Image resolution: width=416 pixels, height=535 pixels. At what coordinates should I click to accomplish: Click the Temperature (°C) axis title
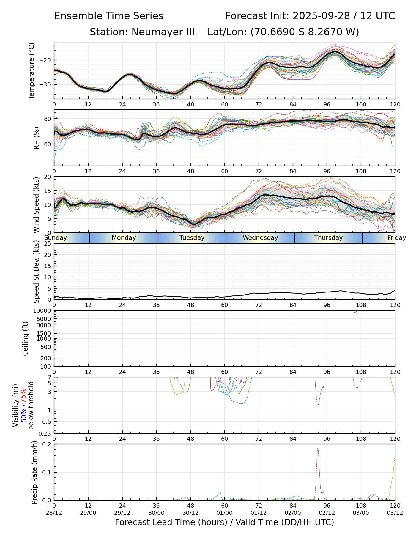click(32, 71)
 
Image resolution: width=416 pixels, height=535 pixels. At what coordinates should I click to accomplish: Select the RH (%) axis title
click(37, 138)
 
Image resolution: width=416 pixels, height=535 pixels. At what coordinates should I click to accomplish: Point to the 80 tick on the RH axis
click(48, 119)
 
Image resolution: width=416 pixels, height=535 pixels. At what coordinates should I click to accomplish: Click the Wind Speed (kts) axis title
click(37, 205)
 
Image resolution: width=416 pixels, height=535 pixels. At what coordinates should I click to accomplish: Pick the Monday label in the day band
click(124, 238)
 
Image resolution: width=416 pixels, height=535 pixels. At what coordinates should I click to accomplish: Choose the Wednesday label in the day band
click(260, 238)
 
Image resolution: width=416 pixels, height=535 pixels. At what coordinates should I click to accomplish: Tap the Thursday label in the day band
click(328, 238)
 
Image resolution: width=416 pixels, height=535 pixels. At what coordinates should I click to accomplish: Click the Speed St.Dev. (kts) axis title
click(37, 271)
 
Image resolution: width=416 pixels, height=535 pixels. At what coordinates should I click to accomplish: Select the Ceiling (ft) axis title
click(26, 339)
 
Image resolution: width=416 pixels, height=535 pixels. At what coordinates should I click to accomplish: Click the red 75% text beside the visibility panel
click(23, 395)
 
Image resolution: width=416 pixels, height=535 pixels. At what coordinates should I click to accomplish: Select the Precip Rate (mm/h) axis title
click(35, 472)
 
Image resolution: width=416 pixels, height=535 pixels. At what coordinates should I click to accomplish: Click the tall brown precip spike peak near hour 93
click(318, 448)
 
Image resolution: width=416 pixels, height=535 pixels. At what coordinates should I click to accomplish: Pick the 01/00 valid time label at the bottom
click(224, 513)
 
